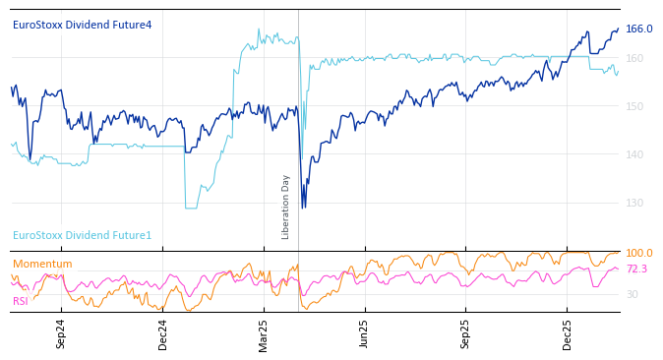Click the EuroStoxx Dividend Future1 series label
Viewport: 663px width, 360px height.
[x=82, y=235]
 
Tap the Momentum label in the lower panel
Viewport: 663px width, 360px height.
[x=42, y=264]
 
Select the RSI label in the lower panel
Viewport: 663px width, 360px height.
[x=21, y=301]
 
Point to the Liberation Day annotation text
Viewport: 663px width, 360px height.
[x=286, y=207]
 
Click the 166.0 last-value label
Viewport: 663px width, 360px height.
[x=639, y=30]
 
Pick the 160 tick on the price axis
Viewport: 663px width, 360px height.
[x=634, y=58]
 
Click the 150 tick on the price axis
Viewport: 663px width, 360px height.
[x=634, y=106]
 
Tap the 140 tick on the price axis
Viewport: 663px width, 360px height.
[x=634, y=154]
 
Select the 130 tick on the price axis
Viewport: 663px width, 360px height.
[x=634, y=203]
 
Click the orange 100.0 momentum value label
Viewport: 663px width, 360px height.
[x=639, y=254]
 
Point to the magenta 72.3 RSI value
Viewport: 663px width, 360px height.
[x=636, y=269]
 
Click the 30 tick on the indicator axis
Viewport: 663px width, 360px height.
[x=633, y=294]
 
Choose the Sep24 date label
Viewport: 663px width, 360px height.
[x=61, y=333]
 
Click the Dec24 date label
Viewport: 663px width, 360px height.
[x=163, y=333]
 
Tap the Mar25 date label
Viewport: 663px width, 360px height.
[x=264, y=333]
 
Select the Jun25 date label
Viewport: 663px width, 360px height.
[x=364, y=333]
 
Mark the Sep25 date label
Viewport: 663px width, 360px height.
[x=465, y=333]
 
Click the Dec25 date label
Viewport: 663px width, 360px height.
[x=568, y=333]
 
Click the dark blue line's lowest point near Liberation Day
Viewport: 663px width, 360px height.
[x=303, y=207]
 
